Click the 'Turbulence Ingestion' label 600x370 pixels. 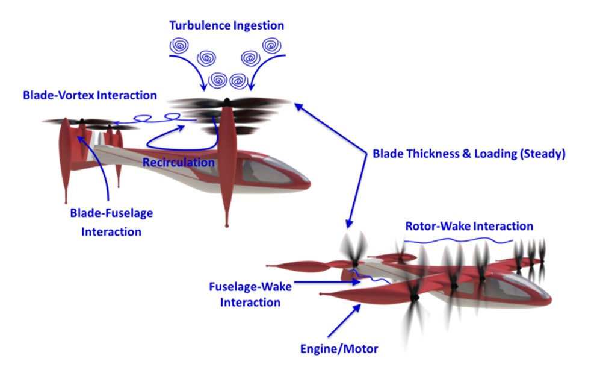point(226,26)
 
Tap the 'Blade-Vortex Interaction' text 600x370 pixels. point(90,95)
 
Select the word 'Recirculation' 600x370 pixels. point(178,163)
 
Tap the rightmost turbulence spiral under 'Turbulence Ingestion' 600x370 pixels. point(272,45)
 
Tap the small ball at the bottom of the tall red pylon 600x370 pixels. point(226,225)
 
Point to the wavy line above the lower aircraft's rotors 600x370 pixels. point(457,240)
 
